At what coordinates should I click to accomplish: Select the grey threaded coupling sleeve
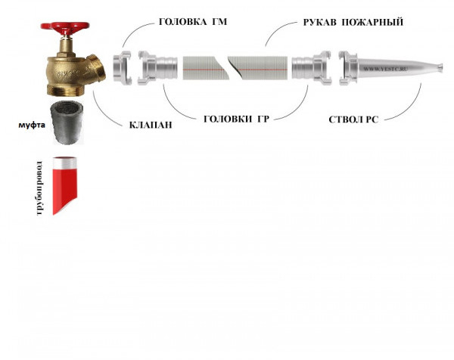[x=67, y=123]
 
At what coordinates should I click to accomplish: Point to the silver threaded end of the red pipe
[x=64, y=163]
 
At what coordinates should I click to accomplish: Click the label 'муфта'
[x=32, y=125]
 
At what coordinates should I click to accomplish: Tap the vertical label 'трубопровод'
[x=40, y=188]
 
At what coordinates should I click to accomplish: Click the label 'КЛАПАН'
[x=151, y=125]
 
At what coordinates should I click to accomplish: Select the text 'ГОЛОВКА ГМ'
[x=193, y=22]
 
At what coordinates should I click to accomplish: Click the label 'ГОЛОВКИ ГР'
[x=236, y=119]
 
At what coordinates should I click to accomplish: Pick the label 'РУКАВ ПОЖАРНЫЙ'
[x=353, y=22]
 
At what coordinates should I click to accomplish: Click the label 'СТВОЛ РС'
[x=353, y=119]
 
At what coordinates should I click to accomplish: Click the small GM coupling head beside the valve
[x=122, y=68]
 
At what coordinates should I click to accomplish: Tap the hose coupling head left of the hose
[x=157, y=68]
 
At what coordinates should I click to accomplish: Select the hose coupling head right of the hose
[x=311, y=68]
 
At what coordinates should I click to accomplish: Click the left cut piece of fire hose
[x=204, y=68]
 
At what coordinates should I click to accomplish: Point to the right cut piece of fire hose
[x=260, y=68]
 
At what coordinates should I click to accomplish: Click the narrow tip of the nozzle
[x=440, y=68]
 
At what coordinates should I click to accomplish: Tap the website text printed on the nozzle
[x=385, y=69]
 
